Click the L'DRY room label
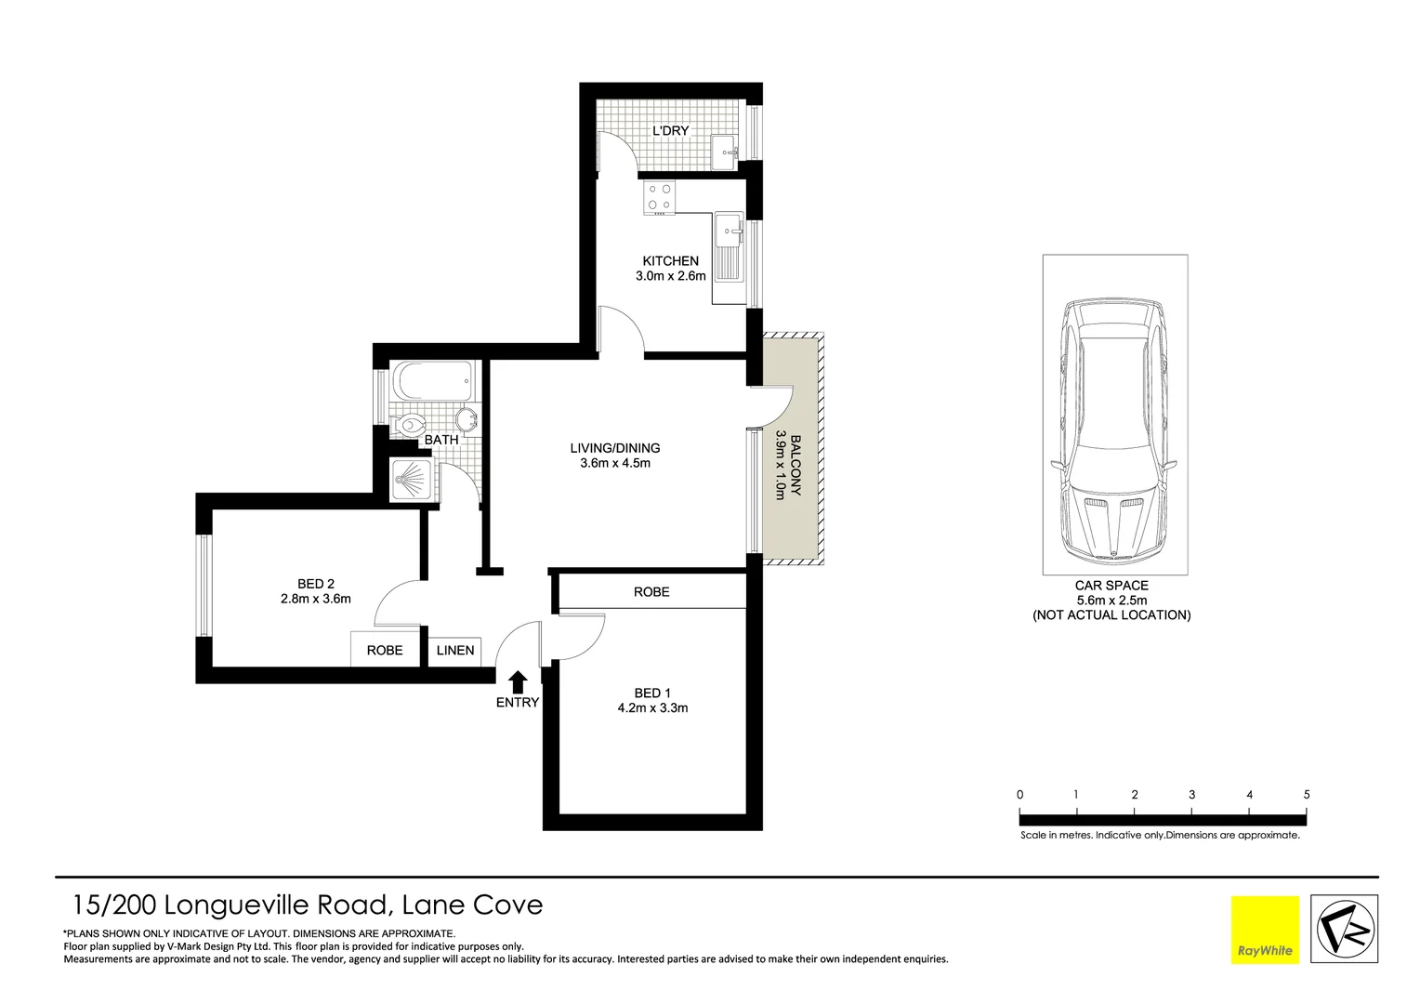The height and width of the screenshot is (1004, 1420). tap(670, 131)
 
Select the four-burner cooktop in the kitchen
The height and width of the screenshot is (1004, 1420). tap(661, 198)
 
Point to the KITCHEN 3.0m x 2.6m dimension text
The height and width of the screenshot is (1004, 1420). tap(670, 276)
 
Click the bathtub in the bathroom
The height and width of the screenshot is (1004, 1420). tap(434, 381)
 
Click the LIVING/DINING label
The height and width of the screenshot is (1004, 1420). tap(614, 448)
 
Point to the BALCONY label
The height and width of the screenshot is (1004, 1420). tap(795, 465)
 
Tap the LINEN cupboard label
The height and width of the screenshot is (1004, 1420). tap(455, 651)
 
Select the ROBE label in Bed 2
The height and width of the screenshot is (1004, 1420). tap(384, 651)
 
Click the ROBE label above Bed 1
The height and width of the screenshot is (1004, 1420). tap(651, 592)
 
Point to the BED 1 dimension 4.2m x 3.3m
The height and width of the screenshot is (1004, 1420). tap(652, 708)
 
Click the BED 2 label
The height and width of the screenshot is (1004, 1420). tap(315, 584)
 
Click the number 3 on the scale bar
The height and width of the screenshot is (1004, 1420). tap(1191, 795)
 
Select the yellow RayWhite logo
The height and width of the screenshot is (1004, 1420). tap(1265, 929)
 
